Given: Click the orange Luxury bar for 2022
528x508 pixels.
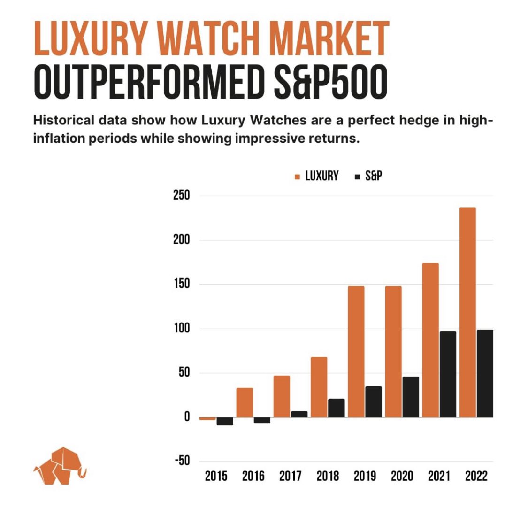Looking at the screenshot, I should [x=467, y=312].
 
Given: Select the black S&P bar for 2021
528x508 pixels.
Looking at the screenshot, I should [x=447, y=374].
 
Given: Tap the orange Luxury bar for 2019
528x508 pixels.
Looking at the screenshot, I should [x=356, y=351].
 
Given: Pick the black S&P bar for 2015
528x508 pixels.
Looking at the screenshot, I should [x=225, y=421].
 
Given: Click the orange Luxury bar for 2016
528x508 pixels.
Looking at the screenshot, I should [x=245, y=402].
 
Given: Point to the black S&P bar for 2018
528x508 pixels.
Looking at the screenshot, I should [x=336, y=408].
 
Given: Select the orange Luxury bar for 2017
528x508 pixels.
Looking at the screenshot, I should [x=282, y=396].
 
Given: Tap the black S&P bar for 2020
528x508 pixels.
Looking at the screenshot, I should [x=411, y=397].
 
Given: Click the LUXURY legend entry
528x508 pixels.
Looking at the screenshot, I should [x=316, y=176].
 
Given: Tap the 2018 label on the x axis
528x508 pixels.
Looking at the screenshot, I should [x=328, y=476].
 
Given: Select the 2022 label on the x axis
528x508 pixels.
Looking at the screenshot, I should [x=476, y=476].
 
